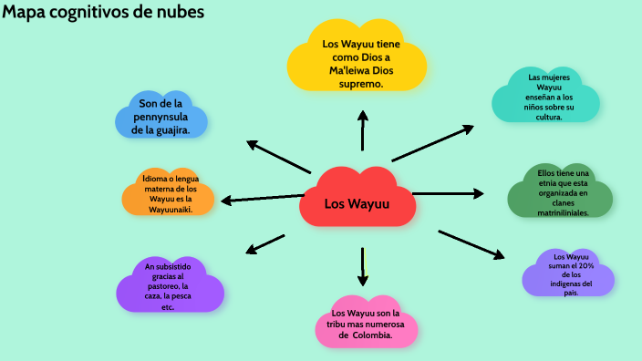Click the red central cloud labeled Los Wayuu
click(x=357, y=201)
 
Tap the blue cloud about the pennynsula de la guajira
click(x=161, y=118)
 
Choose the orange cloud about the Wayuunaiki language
click(x=169, y=193)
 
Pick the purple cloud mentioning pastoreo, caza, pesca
click(x=169, y=286)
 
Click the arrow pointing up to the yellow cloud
click(x=363, y=129)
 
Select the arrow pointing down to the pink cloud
click(x=363, y=266)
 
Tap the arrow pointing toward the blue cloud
click(x=279, y=156)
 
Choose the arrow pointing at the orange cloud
click(x=262, y=198)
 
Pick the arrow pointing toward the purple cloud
click(x=266, y=243)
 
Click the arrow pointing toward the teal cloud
click(x=432, y=143)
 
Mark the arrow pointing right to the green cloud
click(x=447, y=193)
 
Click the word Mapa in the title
click(x=25, y=13)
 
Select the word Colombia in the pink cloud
click(x=371, y=335)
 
